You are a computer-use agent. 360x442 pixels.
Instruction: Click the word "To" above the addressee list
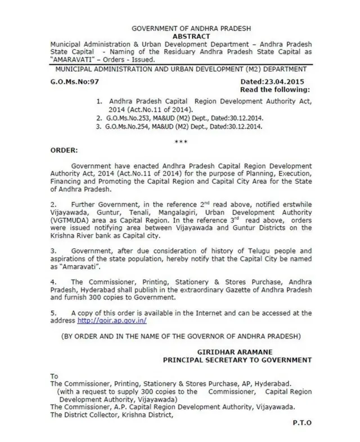click(x=54, y=376)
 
